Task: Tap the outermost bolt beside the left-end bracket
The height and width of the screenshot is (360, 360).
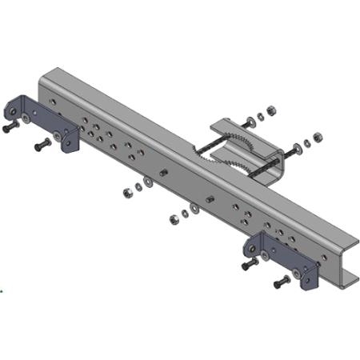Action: pyautogui.click(x=10, y=127)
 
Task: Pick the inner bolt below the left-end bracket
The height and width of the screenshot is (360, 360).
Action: pyautogui.click(x=42, y=146)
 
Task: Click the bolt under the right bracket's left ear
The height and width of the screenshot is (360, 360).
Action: pyautogui.click(x=250, y=263)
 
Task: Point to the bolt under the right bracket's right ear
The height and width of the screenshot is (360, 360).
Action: pyautogui.click(x=282, y=282)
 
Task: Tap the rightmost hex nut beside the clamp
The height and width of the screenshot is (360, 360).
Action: pyautogui.click(x=318, y=136)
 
